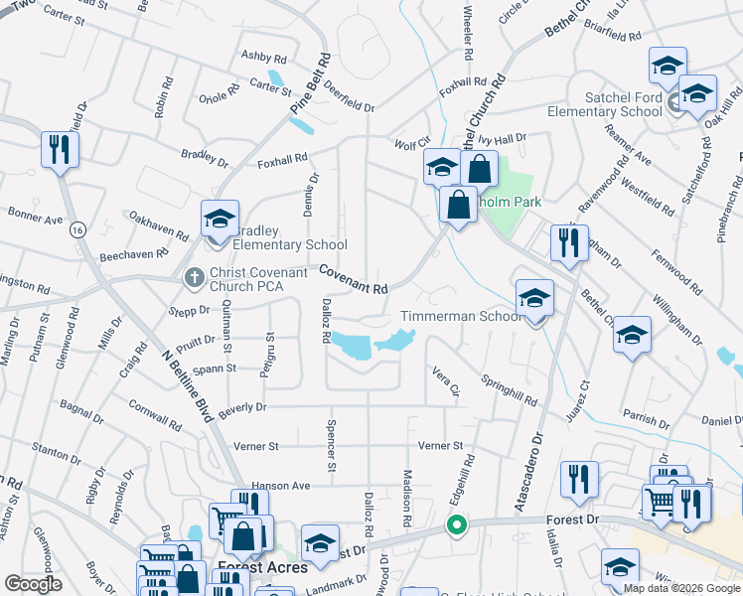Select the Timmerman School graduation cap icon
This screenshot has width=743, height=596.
click(534, 298)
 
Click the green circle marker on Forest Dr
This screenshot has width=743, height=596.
click(456, 524)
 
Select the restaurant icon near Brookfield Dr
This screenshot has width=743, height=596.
click(60, 149)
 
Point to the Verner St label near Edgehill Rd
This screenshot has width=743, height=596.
click(440, 446)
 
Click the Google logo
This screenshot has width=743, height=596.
click(33, 583)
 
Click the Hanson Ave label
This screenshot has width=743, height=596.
click(281, 486)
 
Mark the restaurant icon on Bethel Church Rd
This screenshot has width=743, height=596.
click(569, 244)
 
